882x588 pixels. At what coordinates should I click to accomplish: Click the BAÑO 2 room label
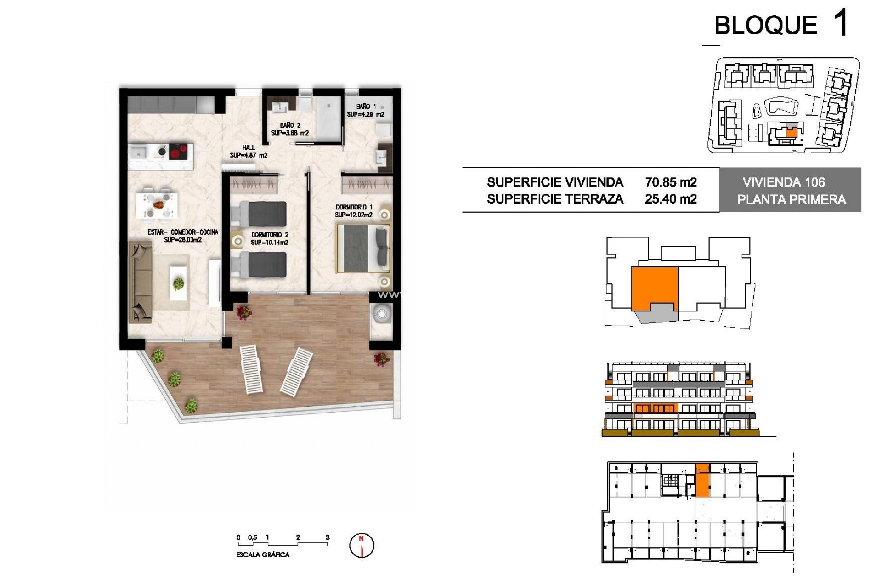tap(290, 125)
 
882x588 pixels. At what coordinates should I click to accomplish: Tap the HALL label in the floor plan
tap(249, 147)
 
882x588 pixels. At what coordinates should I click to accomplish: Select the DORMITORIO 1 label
tap(354, 208)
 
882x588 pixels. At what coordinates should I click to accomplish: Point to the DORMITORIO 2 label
tap(270, 235)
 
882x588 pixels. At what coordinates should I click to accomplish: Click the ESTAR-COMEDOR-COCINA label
tap(183, 232)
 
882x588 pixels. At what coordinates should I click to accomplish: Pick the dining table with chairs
tap(157, 203)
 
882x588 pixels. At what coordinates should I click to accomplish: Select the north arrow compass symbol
tap(362, 545)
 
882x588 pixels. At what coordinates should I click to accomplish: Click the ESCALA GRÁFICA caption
tap(263, 555)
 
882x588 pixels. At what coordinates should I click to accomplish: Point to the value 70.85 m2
tap(671, 182)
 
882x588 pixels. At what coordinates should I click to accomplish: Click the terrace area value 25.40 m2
tap(671, 199)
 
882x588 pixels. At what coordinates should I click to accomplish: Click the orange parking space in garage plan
tap(702, 480)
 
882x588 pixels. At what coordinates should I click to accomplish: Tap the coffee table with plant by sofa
tap(179, 284)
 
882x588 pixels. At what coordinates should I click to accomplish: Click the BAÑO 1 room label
tap(366, 107)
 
